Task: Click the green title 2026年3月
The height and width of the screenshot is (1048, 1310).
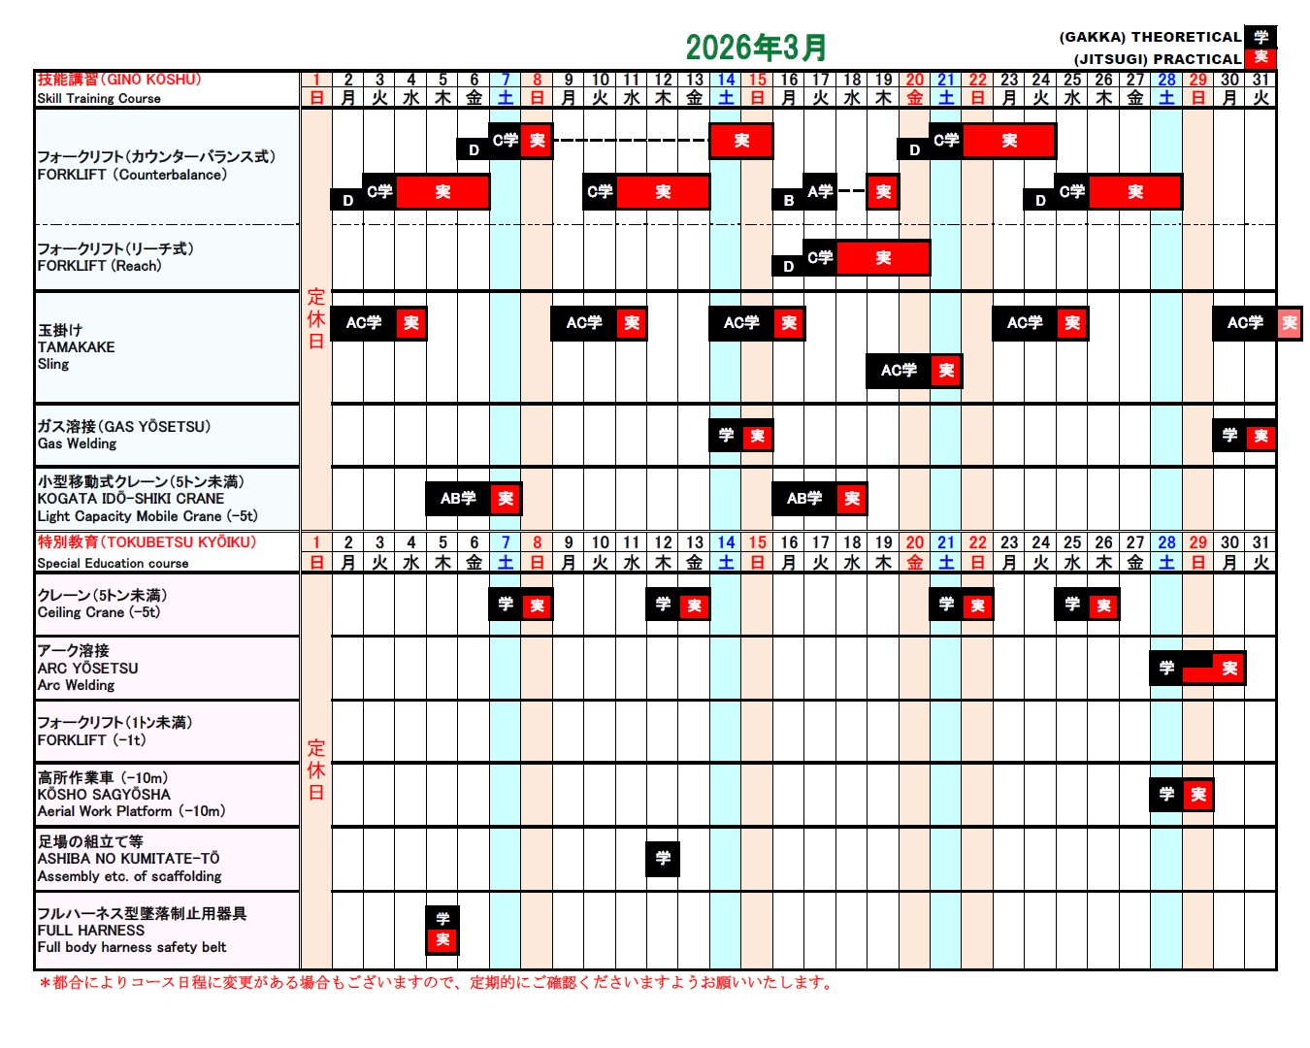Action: [756, 47]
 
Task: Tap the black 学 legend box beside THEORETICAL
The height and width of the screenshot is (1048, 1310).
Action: [1261, 37]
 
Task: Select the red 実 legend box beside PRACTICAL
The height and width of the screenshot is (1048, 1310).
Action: [1261, 57]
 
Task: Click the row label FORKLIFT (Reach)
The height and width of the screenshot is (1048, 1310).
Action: [99, 266]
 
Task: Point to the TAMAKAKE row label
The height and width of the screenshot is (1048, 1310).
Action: [76, 346]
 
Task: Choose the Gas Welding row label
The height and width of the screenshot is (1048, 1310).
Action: [77, 443]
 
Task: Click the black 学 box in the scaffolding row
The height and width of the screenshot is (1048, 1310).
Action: [663, 858]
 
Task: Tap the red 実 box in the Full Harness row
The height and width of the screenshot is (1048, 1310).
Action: [442, 939]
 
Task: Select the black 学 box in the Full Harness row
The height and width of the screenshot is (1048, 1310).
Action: [442, 917]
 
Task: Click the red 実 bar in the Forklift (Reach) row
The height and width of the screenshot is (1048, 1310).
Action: [883, 258]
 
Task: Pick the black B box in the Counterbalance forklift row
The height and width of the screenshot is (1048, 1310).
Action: [789, 200]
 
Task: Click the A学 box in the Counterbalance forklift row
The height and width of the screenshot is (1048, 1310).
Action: [820, 191]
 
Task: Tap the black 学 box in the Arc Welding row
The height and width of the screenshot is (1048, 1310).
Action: [1166, 668]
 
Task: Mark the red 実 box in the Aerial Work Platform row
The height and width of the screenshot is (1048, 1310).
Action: [1198, 795]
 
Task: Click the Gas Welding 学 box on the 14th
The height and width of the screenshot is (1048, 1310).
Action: [726, 436]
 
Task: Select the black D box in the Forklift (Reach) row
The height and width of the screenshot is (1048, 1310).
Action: [788, 266]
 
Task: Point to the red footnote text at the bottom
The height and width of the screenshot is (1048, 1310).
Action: [437, 982]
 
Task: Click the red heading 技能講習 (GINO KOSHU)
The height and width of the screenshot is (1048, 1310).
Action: [118, 80]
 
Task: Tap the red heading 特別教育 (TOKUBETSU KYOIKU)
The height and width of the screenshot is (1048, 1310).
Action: [147, 542]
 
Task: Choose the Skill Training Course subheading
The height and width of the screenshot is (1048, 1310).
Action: [99, 98]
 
